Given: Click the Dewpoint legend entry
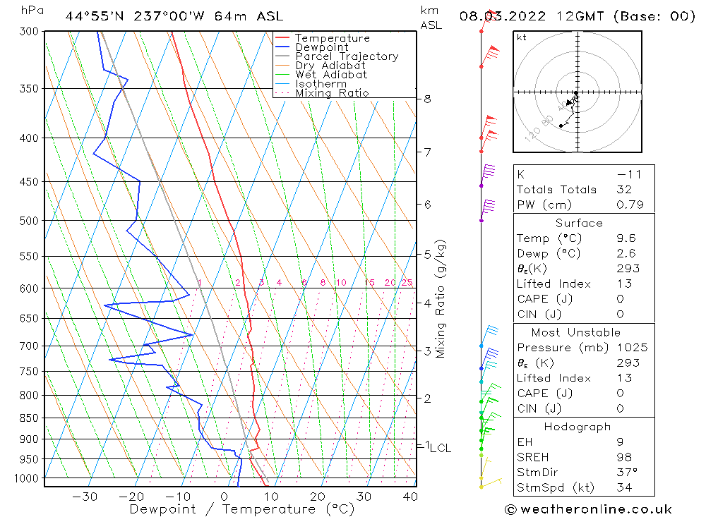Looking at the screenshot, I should pyautogui.click(x=321, y=47).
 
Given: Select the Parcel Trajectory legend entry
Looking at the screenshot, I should pyautogui.click(x=346, y=56).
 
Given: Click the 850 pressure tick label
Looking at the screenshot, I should pyautogui.click(x=29, y=418).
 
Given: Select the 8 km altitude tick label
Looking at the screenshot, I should pyautogui.click(x=427, y=99).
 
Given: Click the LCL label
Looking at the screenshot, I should pyautogui.click(x=440, y=448).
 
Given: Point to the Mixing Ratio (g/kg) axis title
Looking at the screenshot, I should pyautogui.click(x=441, y=298).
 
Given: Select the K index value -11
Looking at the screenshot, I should pyautogui.click(x=626, y=174).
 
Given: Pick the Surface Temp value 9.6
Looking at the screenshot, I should pyautogui.click(x=626, y=238).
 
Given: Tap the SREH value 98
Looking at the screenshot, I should pyautogui.click(x=623, y=458).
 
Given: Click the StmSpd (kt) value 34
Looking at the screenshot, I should pyautogui.click(x=623, y=487).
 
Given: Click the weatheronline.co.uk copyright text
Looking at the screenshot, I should pyautogui.click(x=588, y=509).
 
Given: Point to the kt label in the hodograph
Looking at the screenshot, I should pyautogui.click(x=521, y=38).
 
